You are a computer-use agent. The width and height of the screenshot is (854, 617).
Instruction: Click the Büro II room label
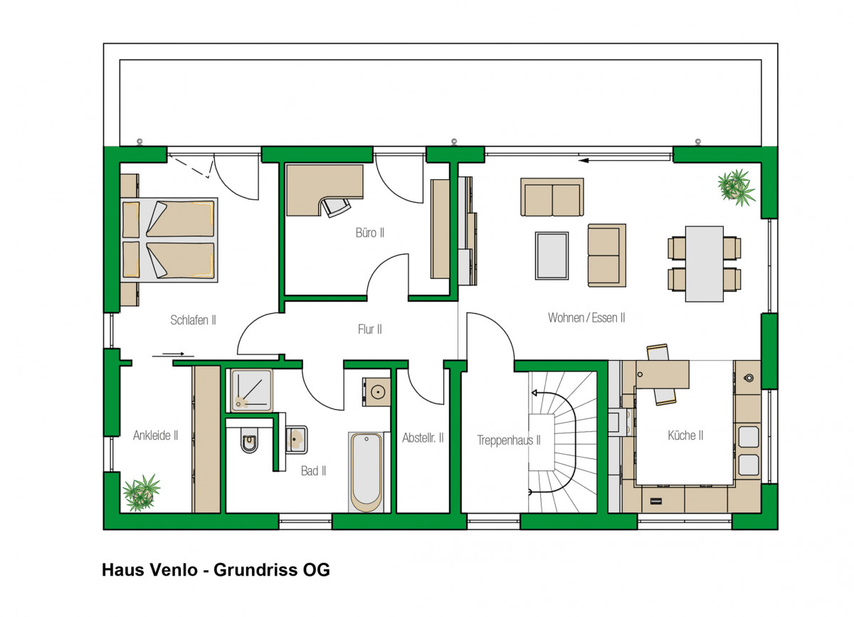pyautogui.click(x=370, y=233)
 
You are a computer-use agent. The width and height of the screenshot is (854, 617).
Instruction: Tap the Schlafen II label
pyautogui.click(x=193, y=320)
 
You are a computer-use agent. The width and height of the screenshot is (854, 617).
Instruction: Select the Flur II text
pyautogui.click(x=370, y=329)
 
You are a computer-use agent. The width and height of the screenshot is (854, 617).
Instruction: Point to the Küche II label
pyautogui.click(x=685, y=435)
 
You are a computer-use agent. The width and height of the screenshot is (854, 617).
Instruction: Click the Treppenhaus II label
pyautogui.click(x=509, y=440)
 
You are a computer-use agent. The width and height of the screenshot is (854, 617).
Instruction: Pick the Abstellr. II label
pyautogui.click(x=423, y=438)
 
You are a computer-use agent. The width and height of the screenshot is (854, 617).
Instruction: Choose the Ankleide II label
pyautogui.click(x=156, y=435)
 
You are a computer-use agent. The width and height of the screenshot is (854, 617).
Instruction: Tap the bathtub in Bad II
pyautogui.click(x=366, y=472)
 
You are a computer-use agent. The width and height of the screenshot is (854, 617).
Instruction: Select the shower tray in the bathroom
pyautogui.click(x=251, y=391)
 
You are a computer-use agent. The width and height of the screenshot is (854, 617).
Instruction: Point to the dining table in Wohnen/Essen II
pyautogui.click(x=704, y=264)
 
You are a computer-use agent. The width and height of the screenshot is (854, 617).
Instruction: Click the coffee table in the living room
pyautogui.click(x=552, y=255)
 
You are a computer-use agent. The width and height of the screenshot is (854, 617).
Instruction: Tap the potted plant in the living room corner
pyautogui.click(x=736, y=188)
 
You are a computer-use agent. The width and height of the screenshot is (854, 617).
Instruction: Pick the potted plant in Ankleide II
pyautogui.click(x=142, y=492)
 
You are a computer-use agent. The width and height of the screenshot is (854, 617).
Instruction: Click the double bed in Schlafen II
pyautogui.click(x=169, y=240)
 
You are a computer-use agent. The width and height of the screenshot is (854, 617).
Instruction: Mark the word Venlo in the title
pyautogui.click(x=174, y=570)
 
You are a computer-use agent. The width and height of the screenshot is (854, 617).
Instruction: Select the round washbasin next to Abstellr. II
pyautogui.click(x=377, y=391)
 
